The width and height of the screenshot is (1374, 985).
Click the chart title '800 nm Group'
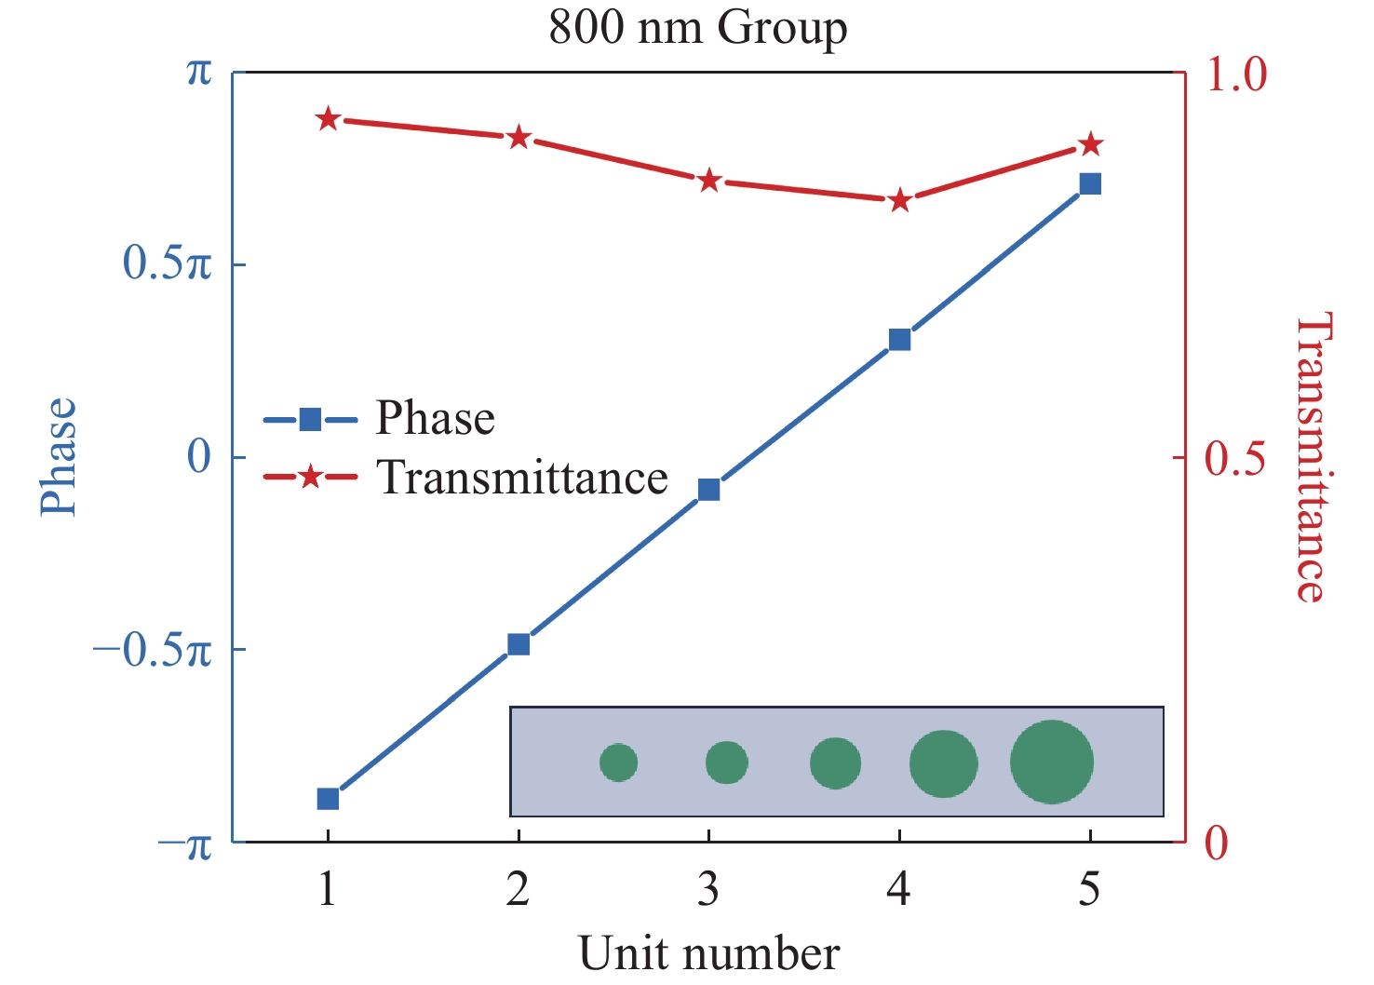(x=697, y=27)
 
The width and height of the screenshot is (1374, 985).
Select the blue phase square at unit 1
(x=328, y=799)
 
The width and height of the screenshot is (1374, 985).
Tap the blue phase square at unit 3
(x=708, y=490)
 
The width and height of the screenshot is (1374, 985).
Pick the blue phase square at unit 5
(x=1090, y=183)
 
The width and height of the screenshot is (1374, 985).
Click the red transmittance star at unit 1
(x=328, y=119)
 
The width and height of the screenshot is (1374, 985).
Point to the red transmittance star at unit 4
(x=899, y=201)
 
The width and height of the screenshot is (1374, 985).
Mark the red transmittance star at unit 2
(x=519, y=138)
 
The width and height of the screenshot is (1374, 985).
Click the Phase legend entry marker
(x=310, y=420)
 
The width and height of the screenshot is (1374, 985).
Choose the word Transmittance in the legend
(x=522, y=478)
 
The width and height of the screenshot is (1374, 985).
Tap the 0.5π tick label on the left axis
(x=168, y=264)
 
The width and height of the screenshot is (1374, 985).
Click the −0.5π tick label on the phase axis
(x=153, y=651)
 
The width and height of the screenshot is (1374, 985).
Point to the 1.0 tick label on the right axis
(x=1236, y=74)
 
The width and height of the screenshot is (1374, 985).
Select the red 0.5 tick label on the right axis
(x=1235, y=458)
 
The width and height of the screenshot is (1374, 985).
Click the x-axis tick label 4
(x=898, y=890)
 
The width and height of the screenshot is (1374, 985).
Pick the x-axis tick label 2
(x=518, y=890)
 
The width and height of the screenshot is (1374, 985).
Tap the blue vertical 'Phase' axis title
(x=58, y=456)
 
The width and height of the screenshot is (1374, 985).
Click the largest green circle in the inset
(x=1052, y=762)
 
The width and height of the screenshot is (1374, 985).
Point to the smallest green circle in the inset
(x=618, y=762)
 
